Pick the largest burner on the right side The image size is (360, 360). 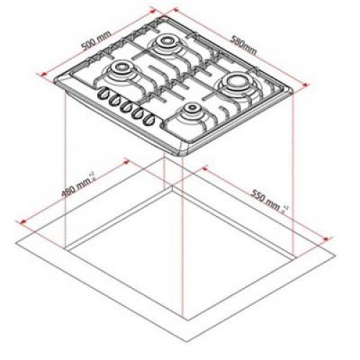click(235, 85)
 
